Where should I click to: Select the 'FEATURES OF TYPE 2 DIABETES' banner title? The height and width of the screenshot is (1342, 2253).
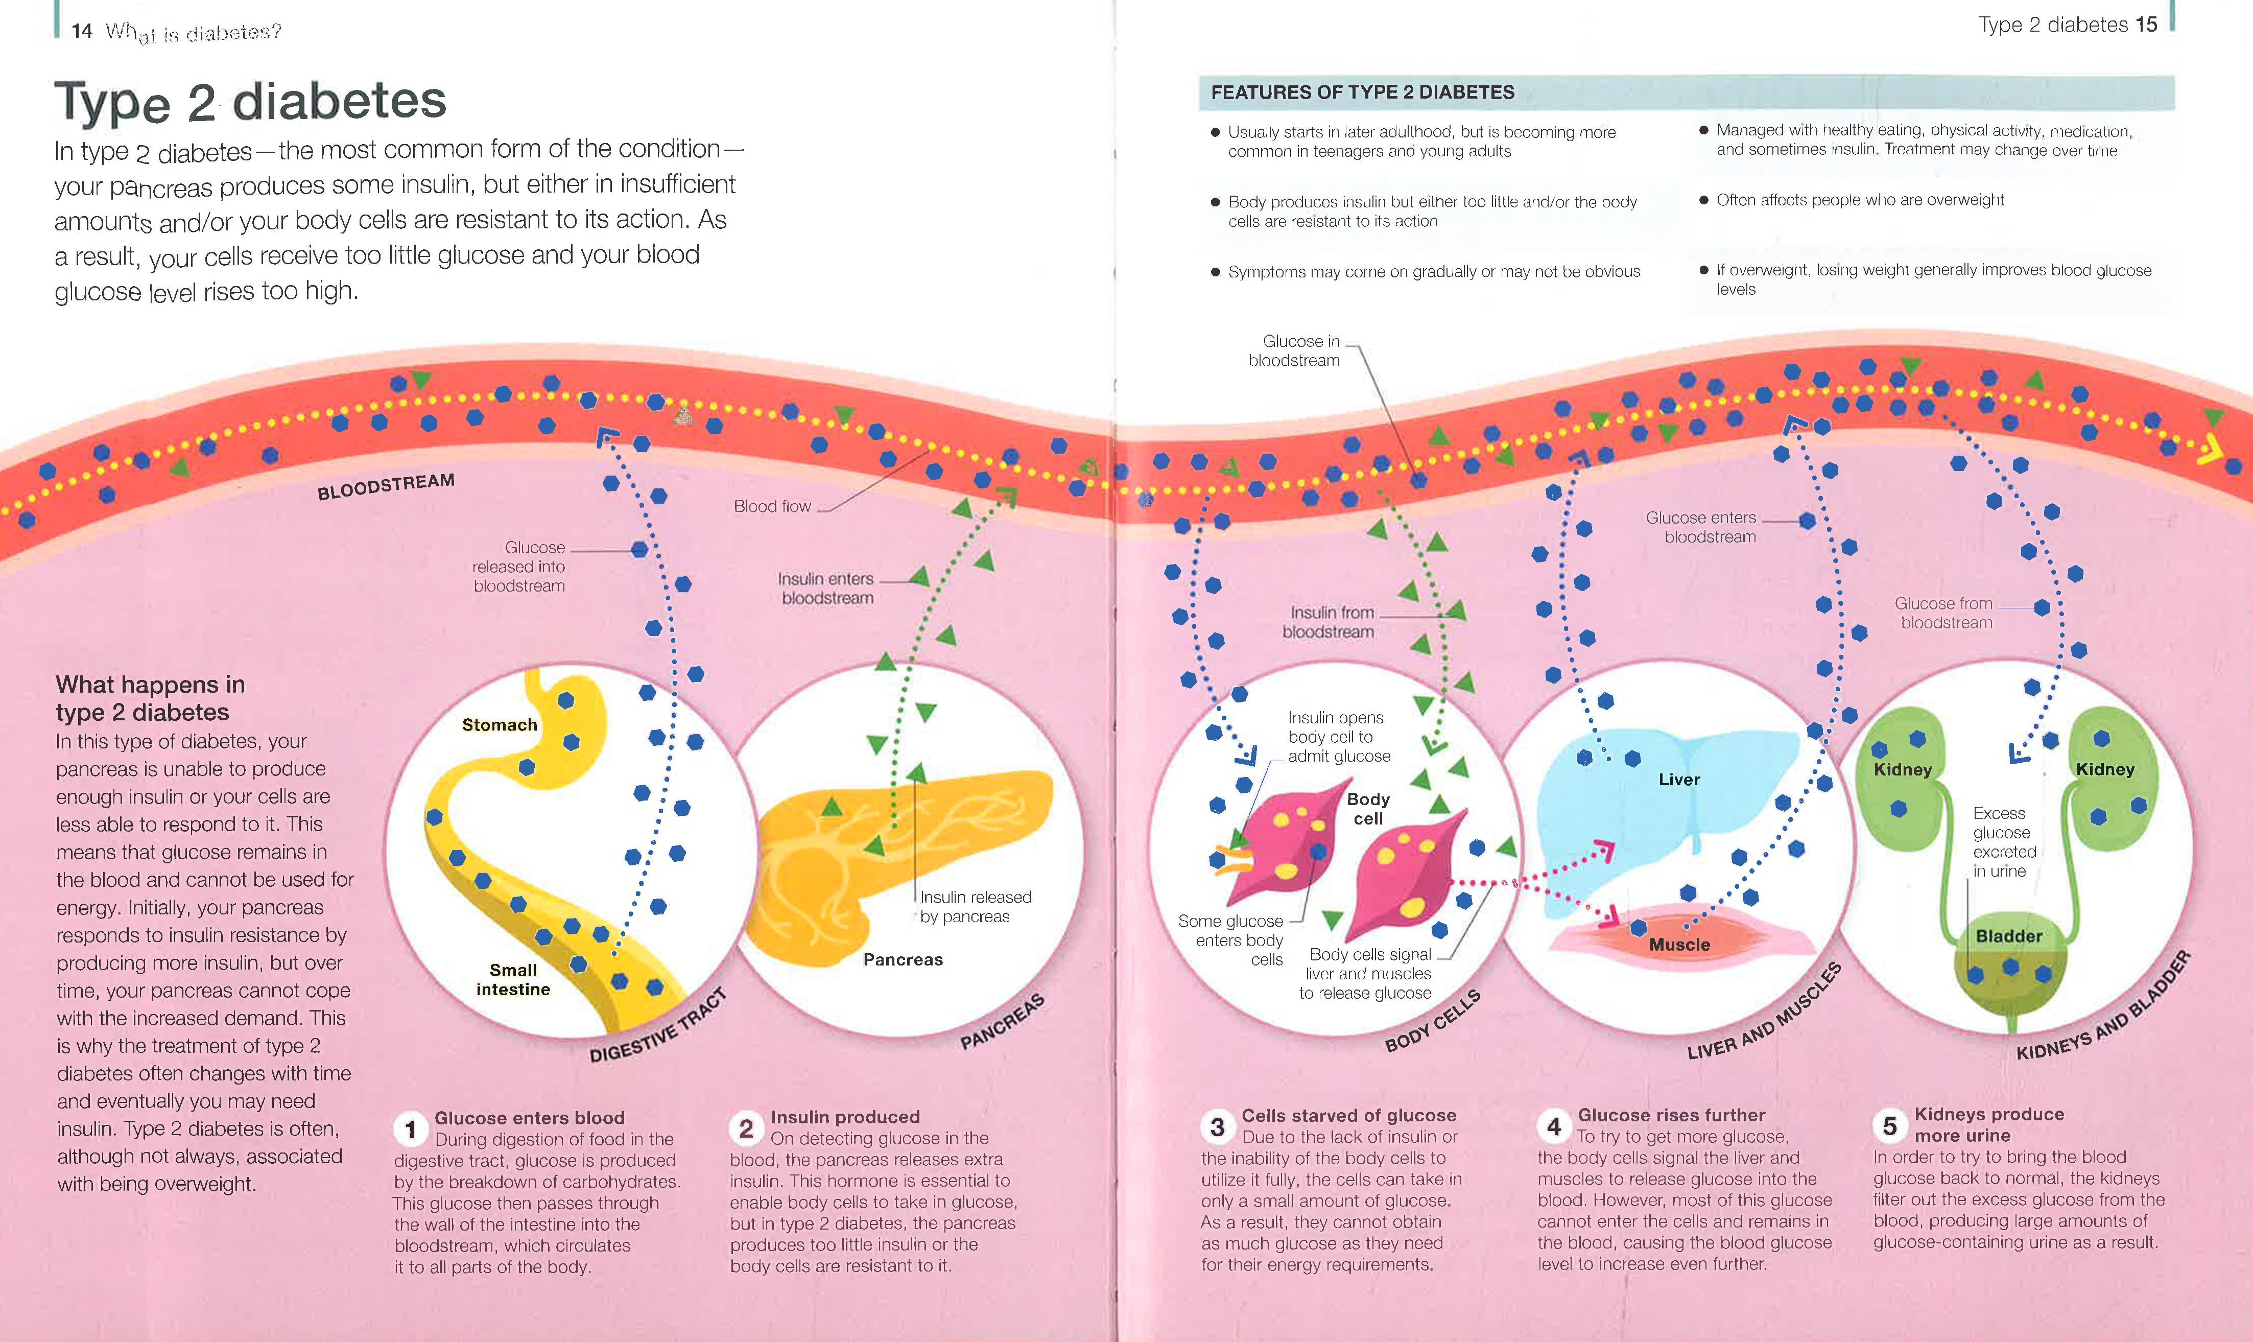tap(1362, 92)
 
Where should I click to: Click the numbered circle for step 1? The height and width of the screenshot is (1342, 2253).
tap(411, 1128)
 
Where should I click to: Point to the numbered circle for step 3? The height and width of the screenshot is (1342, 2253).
tap(1217, 1127)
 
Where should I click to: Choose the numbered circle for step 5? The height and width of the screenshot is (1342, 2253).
tap(1889, 1126)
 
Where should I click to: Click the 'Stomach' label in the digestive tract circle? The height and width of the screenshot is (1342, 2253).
tap(499, 725)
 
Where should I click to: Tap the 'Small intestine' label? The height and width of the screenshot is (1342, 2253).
tap(513, 979)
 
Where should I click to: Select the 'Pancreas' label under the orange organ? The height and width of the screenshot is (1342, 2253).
tap(903, 959)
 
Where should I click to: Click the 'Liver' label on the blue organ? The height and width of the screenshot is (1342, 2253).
tap(1679, 780)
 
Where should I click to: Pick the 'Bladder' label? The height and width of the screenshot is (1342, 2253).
tap(2009, 936)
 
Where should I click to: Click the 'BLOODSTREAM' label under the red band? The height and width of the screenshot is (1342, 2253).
tap(386, 486)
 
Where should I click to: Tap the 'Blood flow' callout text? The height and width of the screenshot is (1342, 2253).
tap(772, 506)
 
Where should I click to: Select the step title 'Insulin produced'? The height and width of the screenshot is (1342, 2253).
tap(844, 1117)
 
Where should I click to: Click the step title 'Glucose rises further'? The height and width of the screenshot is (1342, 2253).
tap(1671, 1115)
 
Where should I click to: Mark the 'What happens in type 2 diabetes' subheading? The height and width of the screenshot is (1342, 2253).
tap(150, 698)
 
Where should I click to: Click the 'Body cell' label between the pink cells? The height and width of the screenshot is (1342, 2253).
tap(1368, 809)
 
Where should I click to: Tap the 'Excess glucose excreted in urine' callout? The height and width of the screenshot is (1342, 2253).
tap(2003, 842)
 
